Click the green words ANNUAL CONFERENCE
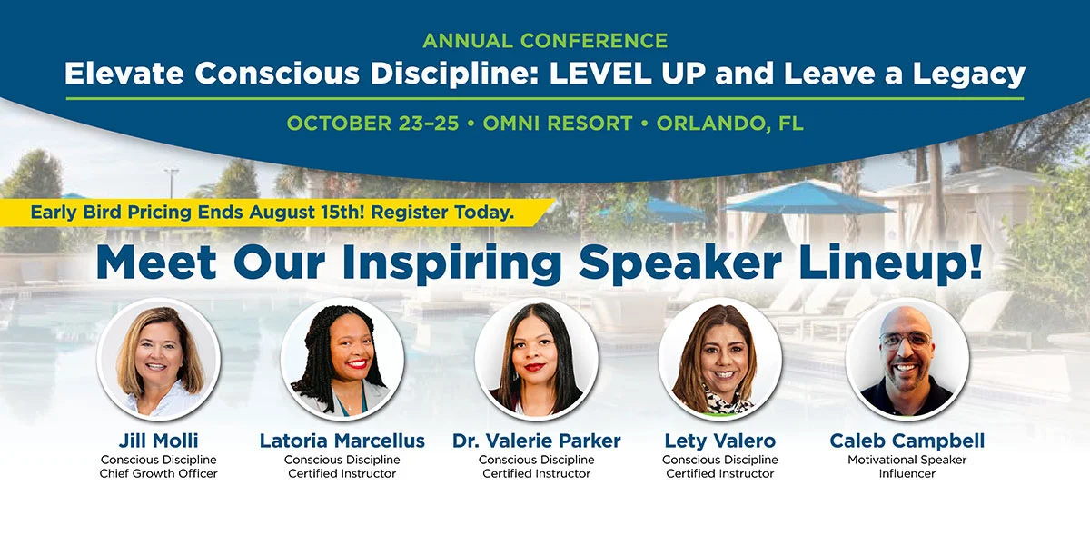coord(545,40)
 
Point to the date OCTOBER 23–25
coord(372,124)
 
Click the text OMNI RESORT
coord(558,124)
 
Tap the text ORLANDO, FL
coord(730,124)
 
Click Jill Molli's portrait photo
coord(159,360)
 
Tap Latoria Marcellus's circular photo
coord(342,360)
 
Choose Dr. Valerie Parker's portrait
coord(536,360)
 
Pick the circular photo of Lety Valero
coord(720,360)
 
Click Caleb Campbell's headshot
coord(907,360)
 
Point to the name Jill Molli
coord(159,441)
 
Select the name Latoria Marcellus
coord(342,441)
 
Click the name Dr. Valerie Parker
coord(536,441)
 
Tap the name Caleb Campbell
coord(907,441)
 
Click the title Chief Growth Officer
coord(159,473)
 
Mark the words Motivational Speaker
coord(907,460)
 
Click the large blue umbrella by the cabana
coord(808,198)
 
